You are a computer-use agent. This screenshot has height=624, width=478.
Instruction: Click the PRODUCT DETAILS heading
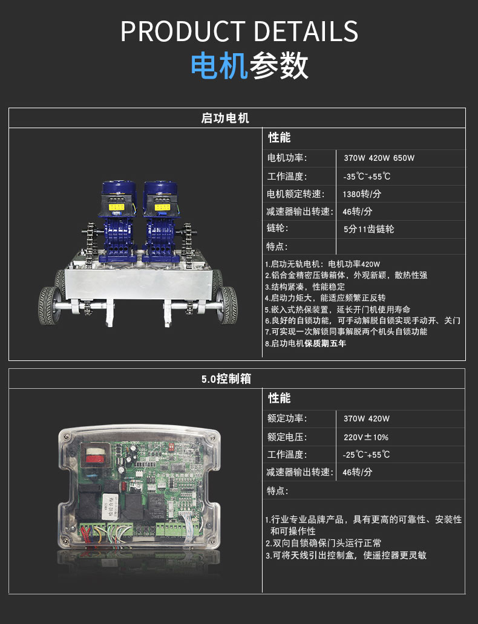[239, 31]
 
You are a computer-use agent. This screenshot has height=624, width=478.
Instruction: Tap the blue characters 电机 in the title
[220, 66]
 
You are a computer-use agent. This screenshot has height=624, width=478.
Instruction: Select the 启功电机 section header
[225, 118]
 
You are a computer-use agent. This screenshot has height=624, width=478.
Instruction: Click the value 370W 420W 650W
[379, 158]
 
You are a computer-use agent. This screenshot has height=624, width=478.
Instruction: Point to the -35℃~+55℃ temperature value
[367, 177]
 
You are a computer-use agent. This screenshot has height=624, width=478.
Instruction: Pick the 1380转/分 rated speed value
[362, 194]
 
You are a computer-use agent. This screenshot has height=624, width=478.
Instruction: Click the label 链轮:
[278, 228]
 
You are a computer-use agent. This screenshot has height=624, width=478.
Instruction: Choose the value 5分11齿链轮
[369, 229]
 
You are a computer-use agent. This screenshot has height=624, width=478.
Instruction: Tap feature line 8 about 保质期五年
[306, 343]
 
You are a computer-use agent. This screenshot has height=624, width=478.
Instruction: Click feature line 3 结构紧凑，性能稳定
[305, 287]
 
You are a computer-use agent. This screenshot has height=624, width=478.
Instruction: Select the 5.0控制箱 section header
[226, 379]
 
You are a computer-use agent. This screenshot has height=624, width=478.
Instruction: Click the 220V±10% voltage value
[366, 437]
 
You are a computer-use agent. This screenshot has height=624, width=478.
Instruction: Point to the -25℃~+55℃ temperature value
[367, 455]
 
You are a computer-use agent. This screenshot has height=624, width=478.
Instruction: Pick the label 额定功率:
[287, 418]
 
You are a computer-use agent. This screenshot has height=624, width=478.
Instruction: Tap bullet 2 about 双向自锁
[324, 543]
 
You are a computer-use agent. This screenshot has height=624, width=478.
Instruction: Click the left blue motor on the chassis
[119, 221]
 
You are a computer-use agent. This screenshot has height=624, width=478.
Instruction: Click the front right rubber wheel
[227, 305]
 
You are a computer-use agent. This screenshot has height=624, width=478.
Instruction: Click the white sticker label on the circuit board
[108, 506]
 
